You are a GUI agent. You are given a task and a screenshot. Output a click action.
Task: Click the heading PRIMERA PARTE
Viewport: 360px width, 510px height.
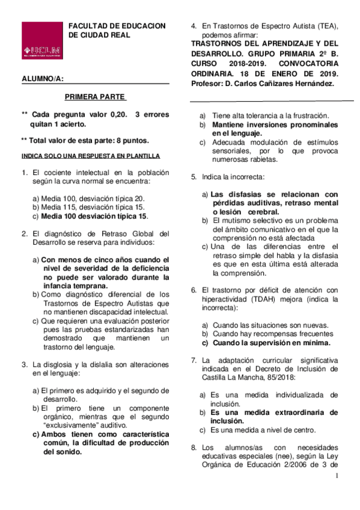point(96,96)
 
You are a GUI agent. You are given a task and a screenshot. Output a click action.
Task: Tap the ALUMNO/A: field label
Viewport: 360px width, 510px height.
point(42,79)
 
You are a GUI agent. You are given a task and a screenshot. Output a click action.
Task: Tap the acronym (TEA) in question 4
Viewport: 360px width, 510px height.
point(326,25)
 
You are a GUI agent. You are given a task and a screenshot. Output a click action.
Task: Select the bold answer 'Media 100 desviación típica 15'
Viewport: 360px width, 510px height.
point(94,216)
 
